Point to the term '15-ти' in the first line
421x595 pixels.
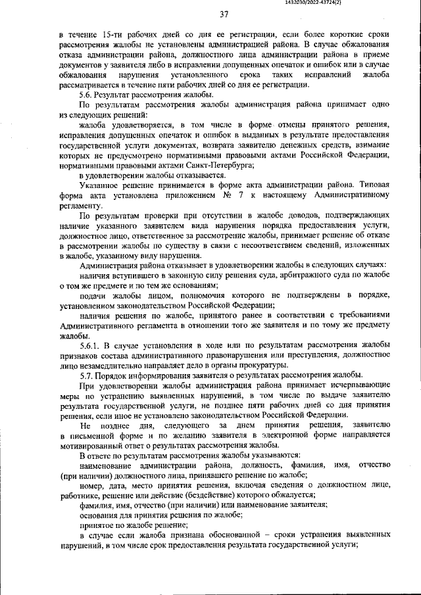[113, 34]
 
